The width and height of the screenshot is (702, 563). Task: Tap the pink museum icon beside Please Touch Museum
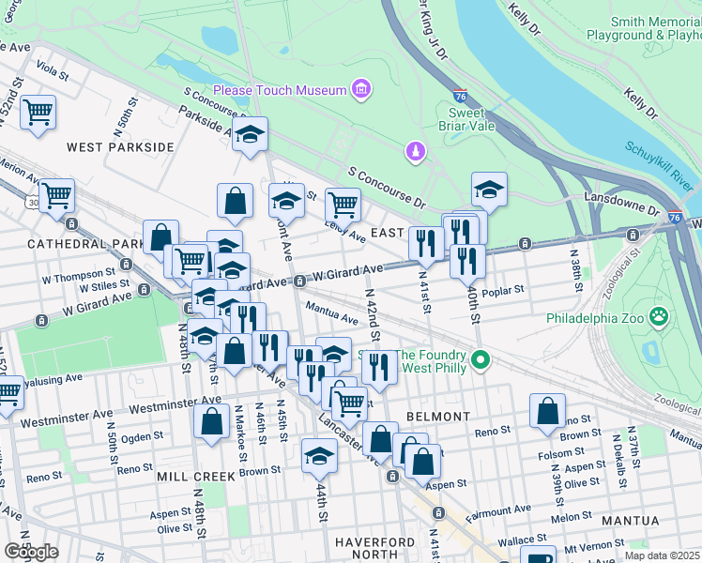[x=359, y=90]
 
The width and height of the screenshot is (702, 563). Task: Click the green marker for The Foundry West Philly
[x=481, y=359]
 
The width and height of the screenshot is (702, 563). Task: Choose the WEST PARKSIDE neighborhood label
[x=120, y=147]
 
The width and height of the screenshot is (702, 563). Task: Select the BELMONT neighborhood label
[x=437, y=416]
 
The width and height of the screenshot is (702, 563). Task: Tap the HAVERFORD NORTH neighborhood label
[x=374, y=549]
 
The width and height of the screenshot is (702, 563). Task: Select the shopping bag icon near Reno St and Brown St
[x=547, y=411]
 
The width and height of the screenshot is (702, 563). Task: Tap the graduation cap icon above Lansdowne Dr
[x=489, y=190]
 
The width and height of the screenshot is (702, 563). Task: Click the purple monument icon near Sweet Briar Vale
[x=414, y=151]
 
